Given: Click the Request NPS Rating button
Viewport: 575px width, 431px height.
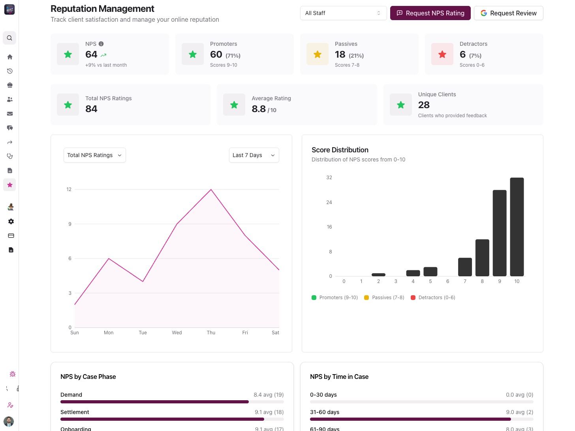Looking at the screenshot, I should point(430,13).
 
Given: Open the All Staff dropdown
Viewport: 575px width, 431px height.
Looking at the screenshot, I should point(343,13).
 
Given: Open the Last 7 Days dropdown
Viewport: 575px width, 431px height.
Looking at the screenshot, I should point(254,155).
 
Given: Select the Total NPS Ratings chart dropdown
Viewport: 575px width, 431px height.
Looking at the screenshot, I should point(94,155).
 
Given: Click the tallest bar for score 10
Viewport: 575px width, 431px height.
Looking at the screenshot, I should point(517,227).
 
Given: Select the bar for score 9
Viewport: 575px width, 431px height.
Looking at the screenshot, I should point(499,233).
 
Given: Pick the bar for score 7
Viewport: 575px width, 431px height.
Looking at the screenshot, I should point(465,267).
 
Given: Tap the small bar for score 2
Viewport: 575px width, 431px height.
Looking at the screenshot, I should point(378,275).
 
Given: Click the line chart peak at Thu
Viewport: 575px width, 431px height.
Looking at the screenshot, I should point(211,190).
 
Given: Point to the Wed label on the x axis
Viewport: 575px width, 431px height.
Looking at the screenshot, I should point(177,333).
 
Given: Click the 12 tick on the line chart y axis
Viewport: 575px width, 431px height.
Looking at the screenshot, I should point(69,189).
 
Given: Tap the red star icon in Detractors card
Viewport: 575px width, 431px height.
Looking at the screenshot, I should point(442,54).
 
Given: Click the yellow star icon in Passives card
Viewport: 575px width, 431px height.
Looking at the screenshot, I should point(317,54).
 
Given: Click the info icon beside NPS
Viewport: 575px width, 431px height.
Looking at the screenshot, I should point(101,44).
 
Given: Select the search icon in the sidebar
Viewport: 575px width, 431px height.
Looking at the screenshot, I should point(9,38).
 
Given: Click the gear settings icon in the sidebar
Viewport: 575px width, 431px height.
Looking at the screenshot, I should point(11,221).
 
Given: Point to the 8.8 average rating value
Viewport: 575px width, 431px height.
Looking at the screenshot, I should point(259,109).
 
